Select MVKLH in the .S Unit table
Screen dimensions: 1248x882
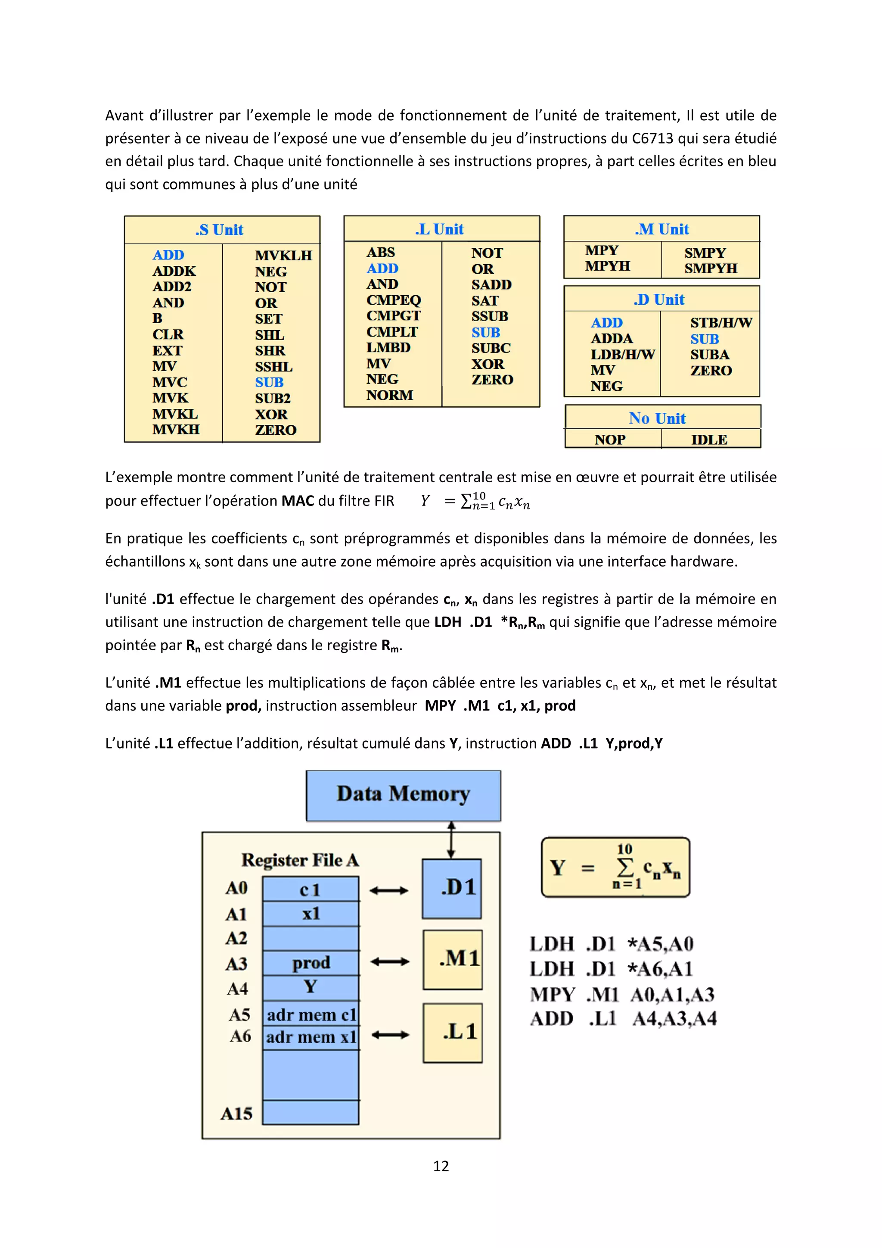[x=283, y=256]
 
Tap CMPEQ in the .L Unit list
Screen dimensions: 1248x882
[x=393, y=300]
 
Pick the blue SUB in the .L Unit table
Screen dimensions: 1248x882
[x=485, y=333]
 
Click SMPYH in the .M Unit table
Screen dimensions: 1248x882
[x=710, y=268]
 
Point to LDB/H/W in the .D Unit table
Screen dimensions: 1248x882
[x=622, y=354]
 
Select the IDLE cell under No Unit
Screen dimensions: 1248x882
[x=709, y=439]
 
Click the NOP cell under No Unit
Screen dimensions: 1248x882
[x=610, y=439]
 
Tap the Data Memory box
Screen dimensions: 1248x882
[x=403, y=795]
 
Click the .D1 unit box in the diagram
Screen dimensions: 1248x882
[x=452, y=888]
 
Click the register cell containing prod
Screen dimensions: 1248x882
[x=311, y=963]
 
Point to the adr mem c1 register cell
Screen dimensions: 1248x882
[x=311, y=1014]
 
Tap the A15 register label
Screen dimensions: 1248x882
[x=236, y=1114]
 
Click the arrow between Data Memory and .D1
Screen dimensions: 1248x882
[x=451, y=840]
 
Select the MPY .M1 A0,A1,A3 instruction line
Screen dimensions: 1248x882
[x=622, y=994]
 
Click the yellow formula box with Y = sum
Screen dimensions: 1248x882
[x=615, y=867]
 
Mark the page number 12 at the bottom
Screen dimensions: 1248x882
[x=441, y=1166]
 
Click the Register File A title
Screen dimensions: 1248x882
[x=300, y=860]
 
